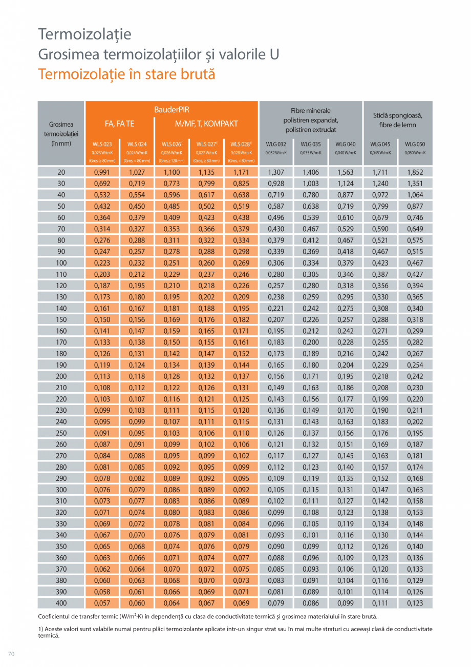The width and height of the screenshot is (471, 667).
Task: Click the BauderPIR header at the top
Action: point(172,110)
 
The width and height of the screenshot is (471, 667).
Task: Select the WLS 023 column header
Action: point(102,144)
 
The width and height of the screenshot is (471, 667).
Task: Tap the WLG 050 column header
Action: point(415,144)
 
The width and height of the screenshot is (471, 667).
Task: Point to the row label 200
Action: point(61,376)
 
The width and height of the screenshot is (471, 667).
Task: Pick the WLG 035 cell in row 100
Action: point(310,263)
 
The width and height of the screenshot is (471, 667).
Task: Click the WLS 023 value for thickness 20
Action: point(102,172)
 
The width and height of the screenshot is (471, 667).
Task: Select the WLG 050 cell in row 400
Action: point(415,603)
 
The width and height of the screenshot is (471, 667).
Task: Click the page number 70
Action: point(11,653)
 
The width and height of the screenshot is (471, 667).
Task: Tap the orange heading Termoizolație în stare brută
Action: point(126,74)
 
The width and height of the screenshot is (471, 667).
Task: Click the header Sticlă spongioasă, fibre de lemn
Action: point(397,120)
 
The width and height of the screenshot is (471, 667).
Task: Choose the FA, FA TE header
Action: point(119,124)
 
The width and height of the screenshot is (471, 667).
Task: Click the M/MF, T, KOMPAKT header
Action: point(206,124)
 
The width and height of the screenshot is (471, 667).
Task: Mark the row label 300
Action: point(61,490)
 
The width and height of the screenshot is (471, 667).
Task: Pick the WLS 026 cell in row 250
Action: point(172,433)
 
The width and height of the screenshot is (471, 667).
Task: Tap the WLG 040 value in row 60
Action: point(345,218)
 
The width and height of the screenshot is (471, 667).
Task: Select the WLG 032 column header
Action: point(276,144)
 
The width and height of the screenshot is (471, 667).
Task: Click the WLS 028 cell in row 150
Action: point(241,320)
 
